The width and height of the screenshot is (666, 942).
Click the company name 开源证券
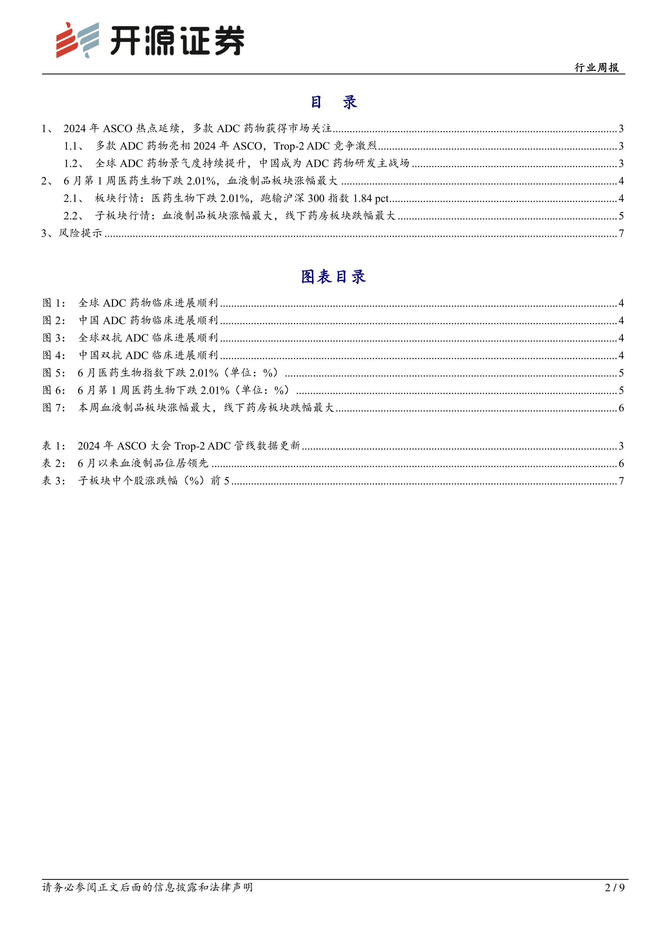click(177, 41)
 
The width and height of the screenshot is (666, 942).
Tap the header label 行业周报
click(597, 68)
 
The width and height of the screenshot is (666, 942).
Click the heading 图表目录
click(333, 277)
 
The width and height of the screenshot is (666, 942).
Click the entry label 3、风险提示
click(72, 233)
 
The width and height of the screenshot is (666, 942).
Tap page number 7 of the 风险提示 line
click(621, 233)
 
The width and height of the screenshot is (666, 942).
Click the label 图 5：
click(54, 373)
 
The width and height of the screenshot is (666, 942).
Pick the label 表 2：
click(54, 463)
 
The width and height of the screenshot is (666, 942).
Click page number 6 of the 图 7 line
click(621, 408)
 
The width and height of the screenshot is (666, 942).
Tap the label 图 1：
click(54, 303)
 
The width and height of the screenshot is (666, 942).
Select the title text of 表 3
click(154, 481)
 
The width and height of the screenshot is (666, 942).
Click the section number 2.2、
click(74, 216)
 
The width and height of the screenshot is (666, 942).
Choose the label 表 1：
click(54, 446)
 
